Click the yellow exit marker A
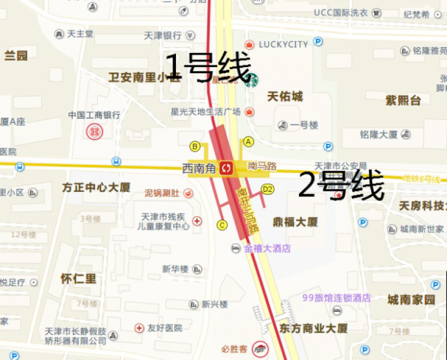(249, 142)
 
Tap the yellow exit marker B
(195, 147)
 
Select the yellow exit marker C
(222, 225)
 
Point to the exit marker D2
(268, 189)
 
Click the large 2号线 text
(341, 185)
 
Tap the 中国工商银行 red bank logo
(94, 132)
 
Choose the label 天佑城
(285, 97)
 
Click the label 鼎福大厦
(295, 222)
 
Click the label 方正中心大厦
(96, 188)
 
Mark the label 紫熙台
(403, 100)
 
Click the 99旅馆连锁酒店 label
(336, 298)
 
